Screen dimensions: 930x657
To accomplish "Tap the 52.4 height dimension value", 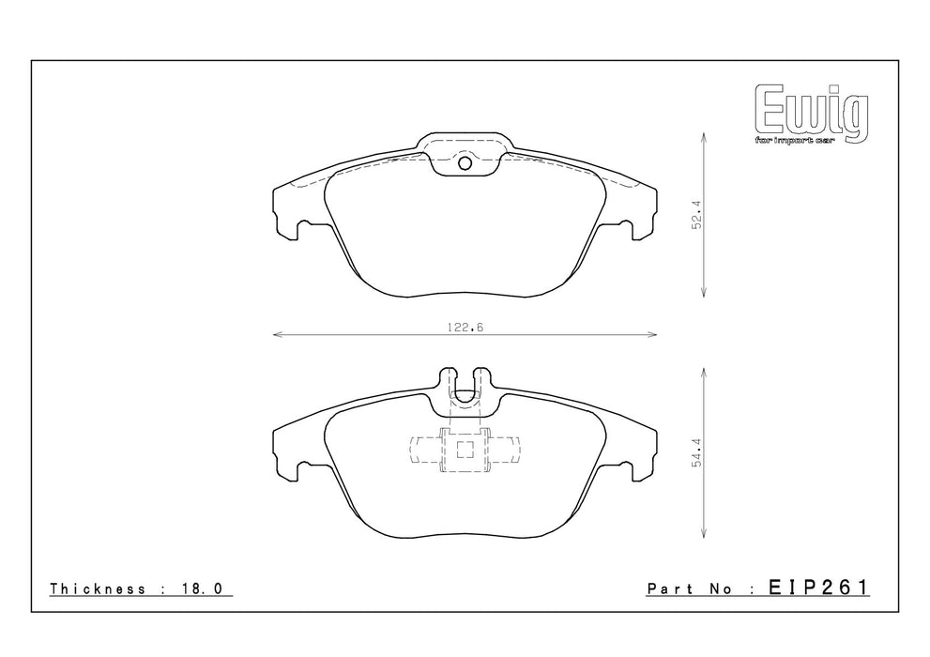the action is pyautogui.click(x=697, y=214).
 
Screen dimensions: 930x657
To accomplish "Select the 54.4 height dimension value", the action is pyautogui.click(x=697, y=452).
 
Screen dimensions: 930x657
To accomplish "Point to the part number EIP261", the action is pyautogui.click(x=818, y=588).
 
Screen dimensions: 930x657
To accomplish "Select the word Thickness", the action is pyautogui.click(x=98, y=588).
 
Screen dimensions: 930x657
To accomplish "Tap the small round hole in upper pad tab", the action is pyautogui.click(x=465, y=163).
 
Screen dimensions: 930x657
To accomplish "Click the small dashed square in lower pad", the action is pyautogui.click(x=465, y=451).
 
